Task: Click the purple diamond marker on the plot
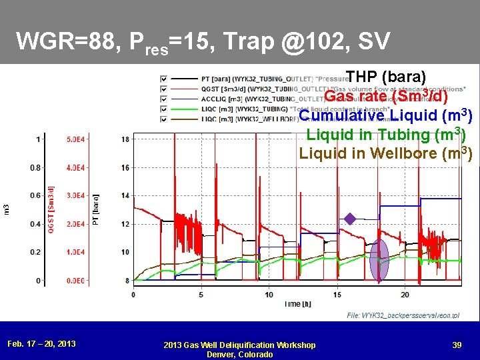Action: point(350,219)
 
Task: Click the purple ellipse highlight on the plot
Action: point(379,260)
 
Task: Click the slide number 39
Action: point(456,344)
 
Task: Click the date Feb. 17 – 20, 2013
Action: point(41,344)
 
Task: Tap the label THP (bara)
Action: point(386,77)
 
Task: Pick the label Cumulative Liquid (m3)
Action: point(386,115)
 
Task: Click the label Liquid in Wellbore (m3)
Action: point(386,153)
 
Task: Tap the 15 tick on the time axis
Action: point(337,294)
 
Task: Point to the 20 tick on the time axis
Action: point(405,294)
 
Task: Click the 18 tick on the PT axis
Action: point(125,139)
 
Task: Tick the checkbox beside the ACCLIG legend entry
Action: point(164,99)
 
